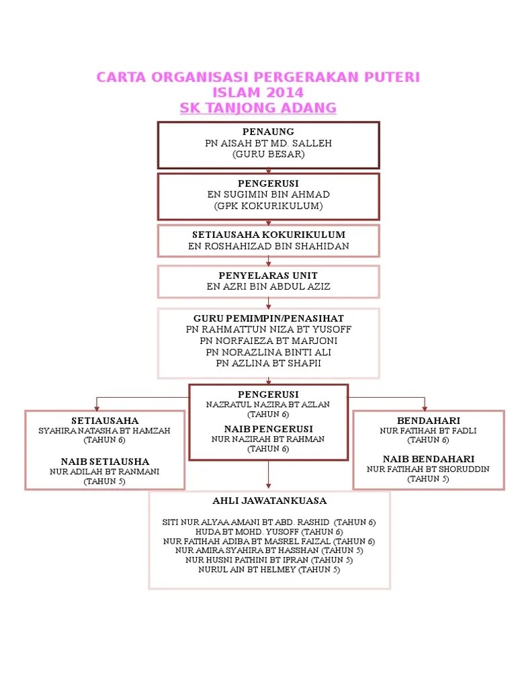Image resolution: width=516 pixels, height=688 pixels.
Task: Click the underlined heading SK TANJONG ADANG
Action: [x=258, y=108]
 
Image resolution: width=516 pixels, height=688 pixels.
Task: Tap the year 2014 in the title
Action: [x=285, y=93]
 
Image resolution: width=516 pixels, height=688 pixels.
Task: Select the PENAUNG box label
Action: [x=268, y=132]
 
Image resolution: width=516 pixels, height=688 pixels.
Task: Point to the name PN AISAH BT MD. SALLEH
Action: [x=268, y=143]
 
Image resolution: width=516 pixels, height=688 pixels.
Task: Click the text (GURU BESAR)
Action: [x=268, y=155]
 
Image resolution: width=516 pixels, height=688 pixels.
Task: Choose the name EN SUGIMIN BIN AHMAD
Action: [x=268, y=194]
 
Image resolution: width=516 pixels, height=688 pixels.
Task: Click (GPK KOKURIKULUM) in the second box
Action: [x=268, y=206]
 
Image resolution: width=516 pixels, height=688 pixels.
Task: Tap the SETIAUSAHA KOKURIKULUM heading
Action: [x=268, y=234]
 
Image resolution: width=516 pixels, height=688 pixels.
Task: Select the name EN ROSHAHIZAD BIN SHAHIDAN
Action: [x=268, y=247]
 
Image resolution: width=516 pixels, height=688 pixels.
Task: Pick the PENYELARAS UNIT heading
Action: [x=268, y=275]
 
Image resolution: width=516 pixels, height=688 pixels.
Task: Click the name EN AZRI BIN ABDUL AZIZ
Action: [x=268, y=287]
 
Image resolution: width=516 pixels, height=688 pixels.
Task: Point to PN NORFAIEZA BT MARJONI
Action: [x=268, y=341]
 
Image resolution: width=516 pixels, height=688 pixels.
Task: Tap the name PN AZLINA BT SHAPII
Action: [x=268, y=363]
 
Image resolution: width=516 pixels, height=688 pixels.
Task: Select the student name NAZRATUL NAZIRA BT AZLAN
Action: [x=268, y=405]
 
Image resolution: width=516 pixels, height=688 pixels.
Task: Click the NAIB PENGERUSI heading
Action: [x=268, y=429]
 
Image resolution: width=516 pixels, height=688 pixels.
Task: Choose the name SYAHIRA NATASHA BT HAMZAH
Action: [x=104, y=431]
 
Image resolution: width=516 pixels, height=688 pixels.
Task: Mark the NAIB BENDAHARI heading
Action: [x=428, y=458]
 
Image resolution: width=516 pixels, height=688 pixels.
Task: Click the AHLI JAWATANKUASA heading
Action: [x=269, y=501]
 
